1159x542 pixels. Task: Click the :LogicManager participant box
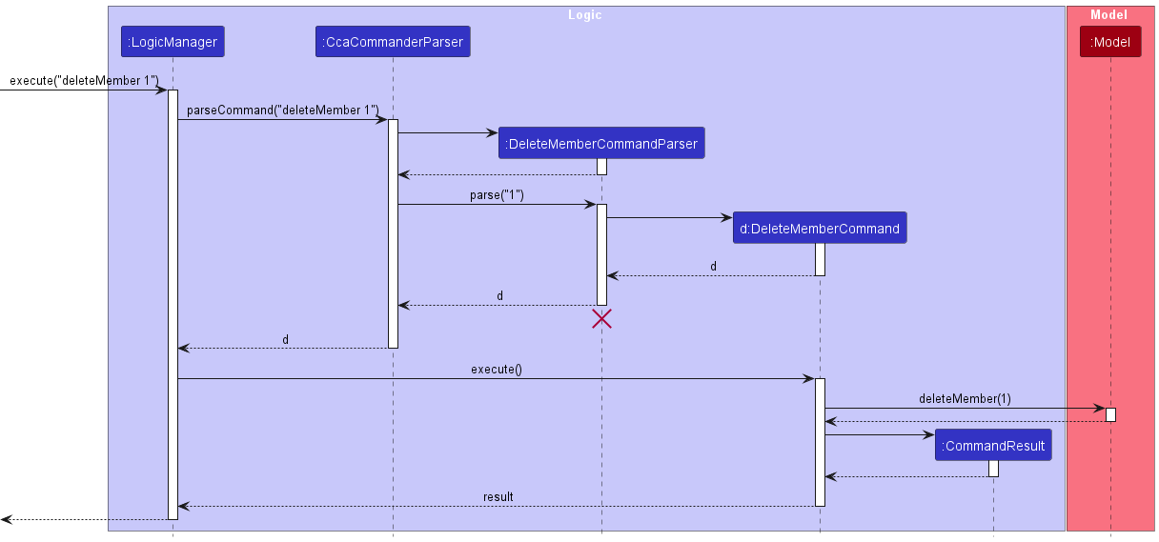click(173, 42)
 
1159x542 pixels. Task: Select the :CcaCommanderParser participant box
click(393, 42)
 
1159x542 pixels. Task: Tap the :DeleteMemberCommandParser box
click(601, 144)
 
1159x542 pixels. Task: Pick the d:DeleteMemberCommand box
click(820, 229)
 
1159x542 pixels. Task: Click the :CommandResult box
click(993, 446)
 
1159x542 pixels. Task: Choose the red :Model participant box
click(1110, 42)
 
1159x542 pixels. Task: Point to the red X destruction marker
click(601, 319)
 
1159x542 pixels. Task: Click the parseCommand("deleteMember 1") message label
click(283, 110)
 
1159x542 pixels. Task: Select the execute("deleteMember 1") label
click(84, 80)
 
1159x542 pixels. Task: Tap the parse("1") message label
click(497, 195)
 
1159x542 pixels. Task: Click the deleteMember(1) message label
click(965, 399)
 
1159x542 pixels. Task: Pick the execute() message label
click(496, 369)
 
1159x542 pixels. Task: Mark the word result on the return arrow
click(498, 497)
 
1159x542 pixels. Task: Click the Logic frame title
click(585, 14)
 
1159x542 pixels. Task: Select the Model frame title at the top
click(1108, 14)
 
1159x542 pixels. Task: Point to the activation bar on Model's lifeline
click(1110, 415)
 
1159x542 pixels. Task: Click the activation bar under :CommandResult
click(993, 469)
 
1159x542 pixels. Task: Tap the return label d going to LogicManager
click(285, 339)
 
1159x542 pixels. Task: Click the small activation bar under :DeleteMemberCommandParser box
click(601, 167)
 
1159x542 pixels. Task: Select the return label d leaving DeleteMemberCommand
click(713, 267)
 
